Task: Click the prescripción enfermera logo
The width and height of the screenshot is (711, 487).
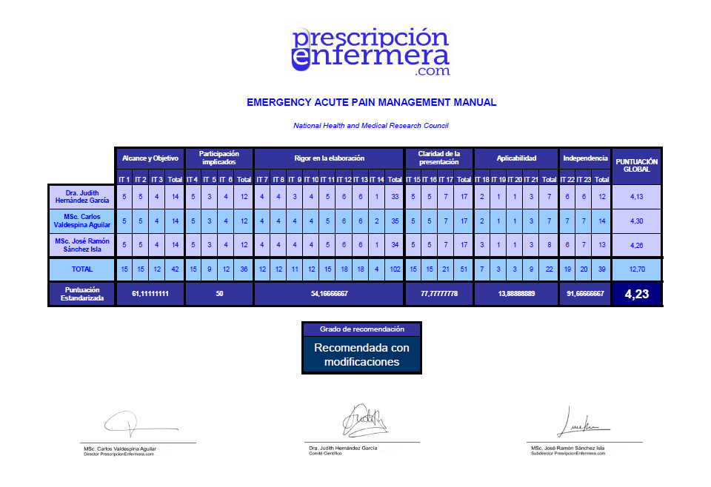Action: click(370, 50)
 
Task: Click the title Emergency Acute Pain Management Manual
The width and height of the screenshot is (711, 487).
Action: click(371, 102)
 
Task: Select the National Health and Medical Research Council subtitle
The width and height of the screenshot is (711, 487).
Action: click(370, 126)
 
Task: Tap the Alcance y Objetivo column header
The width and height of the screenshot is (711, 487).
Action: click(150, 158)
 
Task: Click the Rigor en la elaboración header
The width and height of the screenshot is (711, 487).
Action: click(329, 158)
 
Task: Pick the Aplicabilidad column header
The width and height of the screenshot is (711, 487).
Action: click(516, 158)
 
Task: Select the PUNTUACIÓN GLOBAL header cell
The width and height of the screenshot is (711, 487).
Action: click(636, 165)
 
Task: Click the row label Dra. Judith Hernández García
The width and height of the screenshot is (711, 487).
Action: click(81, 196)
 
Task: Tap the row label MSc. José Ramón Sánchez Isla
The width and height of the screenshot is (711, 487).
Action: click(81, 245)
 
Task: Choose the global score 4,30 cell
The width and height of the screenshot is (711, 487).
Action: click(636, 221)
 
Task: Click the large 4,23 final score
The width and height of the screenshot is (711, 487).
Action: click(636, 294)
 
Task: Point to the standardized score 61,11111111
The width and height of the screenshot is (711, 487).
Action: click(150, 294)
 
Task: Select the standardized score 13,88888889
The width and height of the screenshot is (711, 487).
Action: click(515, 294)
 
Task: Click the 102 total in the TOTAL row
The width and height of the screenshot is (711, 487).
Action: click(394, 269)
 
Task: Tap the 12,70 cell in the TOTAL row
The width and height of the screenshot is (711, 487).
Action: click(636, 269)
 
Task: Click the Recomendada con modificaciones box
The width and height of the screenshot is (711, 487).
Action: click(362, 355)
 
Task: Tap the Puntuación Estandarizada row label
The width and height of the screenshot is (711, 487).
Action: click(81, 294)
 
